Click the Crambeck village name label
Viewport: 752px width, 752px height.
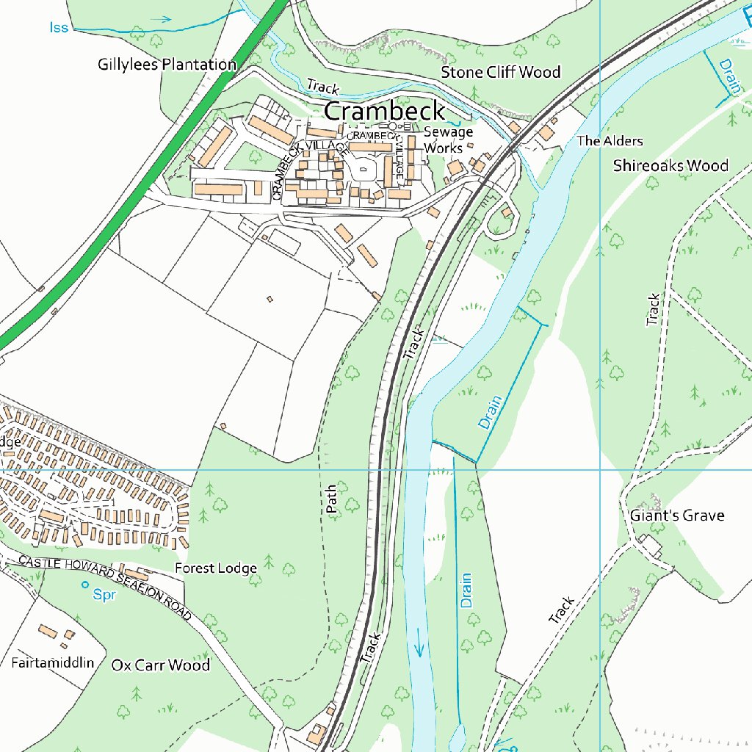(384, 112)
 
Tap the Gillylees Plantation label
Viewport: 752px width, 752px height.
(167, 65)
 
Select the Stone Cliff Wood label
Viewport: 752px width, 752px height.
(500, 72)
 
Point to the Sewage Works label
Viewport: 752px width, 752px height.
(448, 140)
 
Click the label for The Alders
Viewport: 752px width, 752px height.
(610, 141)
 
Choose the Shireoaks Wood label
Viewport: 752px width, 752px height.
(670, 166)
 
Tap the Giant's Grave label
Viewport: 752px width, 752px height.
(676, 516)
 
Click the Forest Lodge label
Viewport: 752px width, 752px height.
(216, 568)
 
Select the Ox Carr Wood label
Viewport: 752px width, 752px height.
(160, 665)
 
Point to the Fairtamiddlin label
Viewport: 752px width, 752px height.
(53, 663)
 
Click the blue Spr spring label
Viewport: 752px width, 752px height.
(104, 596)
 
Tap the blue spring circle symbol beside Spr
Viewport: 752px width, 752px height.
(85, 585)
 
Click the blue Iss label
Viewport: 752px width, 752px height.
(59, 28)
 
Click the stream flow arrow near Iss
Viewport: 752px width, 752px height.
(163, 20)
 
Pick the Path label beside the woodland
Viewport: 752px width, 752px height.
(331, 498)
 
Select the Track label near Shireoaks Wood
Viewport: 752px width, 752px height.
(653, 309)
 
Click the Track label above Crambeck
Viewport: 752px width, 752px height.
(323, 87)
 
